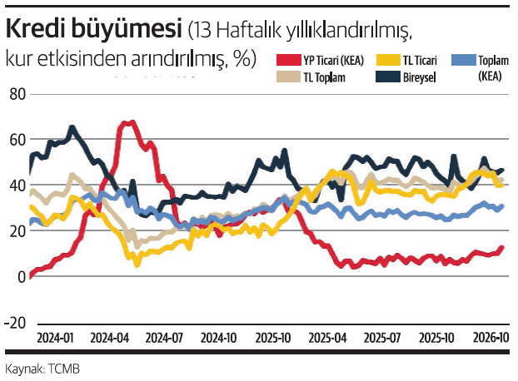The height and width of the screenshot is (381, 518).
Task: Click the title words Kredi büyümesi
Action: click(92, 31)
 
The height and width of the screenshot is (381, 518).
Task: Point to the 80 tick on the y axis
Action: click(17, 94)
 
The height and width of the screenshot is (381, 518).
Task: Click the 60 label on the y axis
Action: click(17, 140)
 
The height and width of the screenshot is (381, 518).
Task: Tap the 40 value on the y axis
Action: click(17, 186)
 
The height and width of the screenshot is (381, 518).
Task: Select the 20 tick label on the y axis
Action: click(17, 231)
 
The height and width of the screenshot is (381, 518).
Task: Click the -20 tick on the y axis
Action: click(15, 323)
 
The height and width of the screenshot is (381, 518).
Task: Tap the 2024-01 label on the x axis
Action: click(56, 339)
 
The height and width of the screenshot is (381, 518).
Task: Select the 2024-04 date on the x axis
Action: click(109, 339)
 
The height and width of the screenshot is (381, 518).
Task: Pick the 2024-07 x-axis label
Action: click(163, 339)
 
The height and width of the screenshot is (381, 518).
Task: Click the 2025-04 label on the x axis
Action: click(327, 339)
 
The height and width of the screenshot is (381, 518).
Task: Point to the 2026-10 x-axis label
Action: click(490, 339)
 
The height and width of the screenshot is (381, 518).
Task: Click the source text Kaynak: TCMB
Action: click(42, 368)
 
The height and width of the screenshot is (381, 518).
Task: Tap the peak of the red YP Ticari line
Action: click(127, 123)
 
